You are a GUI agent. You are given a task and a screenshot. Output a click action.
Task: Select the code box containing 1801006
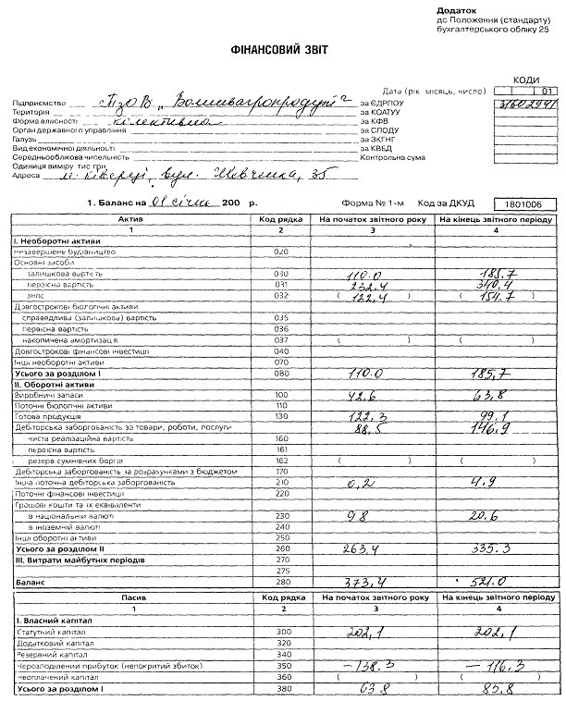pyautogui.click(x=524, y=202)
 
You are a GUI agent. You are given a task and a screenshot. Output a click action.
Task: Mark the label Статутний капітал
pyautogui.click(x=47, y=632)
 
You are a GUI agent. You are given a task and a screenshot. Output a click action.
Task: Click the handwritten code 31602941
pyautogui.click(x=527, y=104)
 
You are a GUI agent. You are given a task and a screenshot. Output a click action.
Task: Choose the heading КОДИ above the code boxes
pyautogui.click(x=526, y=81)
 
